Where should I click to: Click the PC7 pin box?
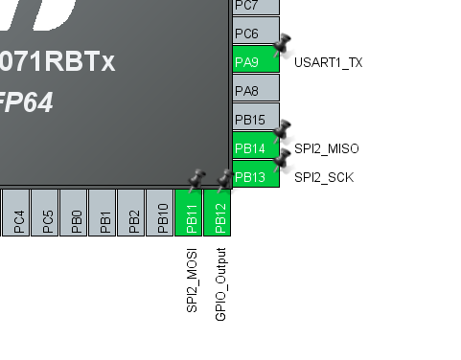[x=255, y=7]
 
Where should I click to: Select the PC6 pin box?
[x=255, y=33]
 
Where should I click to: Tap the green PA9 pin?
[x=255, y=61]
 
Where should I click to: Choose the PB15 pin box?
[x=255, y=119]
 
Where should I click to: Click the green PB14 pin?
[x=255, y=148]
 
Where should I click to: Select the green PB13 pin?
[x=255, y=176]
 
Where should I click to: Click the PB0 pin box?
[x=76, y=213]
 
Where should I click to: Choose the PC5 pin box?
[x=47, y=213]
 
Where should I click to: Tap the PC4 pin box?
[x=18, y=213]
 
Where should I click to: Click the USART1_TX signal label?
[x=328, y=63]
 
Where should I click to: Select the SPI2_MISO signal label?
[x=326, y=149]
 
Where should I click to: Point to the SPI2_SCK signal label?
[x=324, y=178]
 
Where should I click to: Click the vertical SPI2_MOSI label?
[x=192, y=279]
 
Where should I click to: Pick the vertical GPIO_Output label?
[x=220, y=283]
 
